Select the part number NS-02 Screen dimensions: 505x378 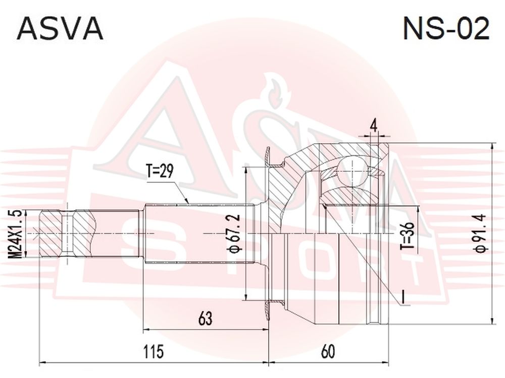(446, 28)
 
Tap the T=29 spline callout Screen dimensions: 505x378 (160, 172)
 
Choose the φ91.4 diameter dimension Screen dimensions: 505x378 (480, 234)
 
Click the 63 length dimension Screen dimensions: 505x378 (206, 318)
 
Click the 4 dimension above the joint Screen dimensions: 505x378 (374, 126)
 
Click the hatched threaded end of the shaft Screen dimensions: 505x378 (68, 233)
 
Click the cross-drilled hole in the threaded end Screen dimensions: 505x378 (67, 234)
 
